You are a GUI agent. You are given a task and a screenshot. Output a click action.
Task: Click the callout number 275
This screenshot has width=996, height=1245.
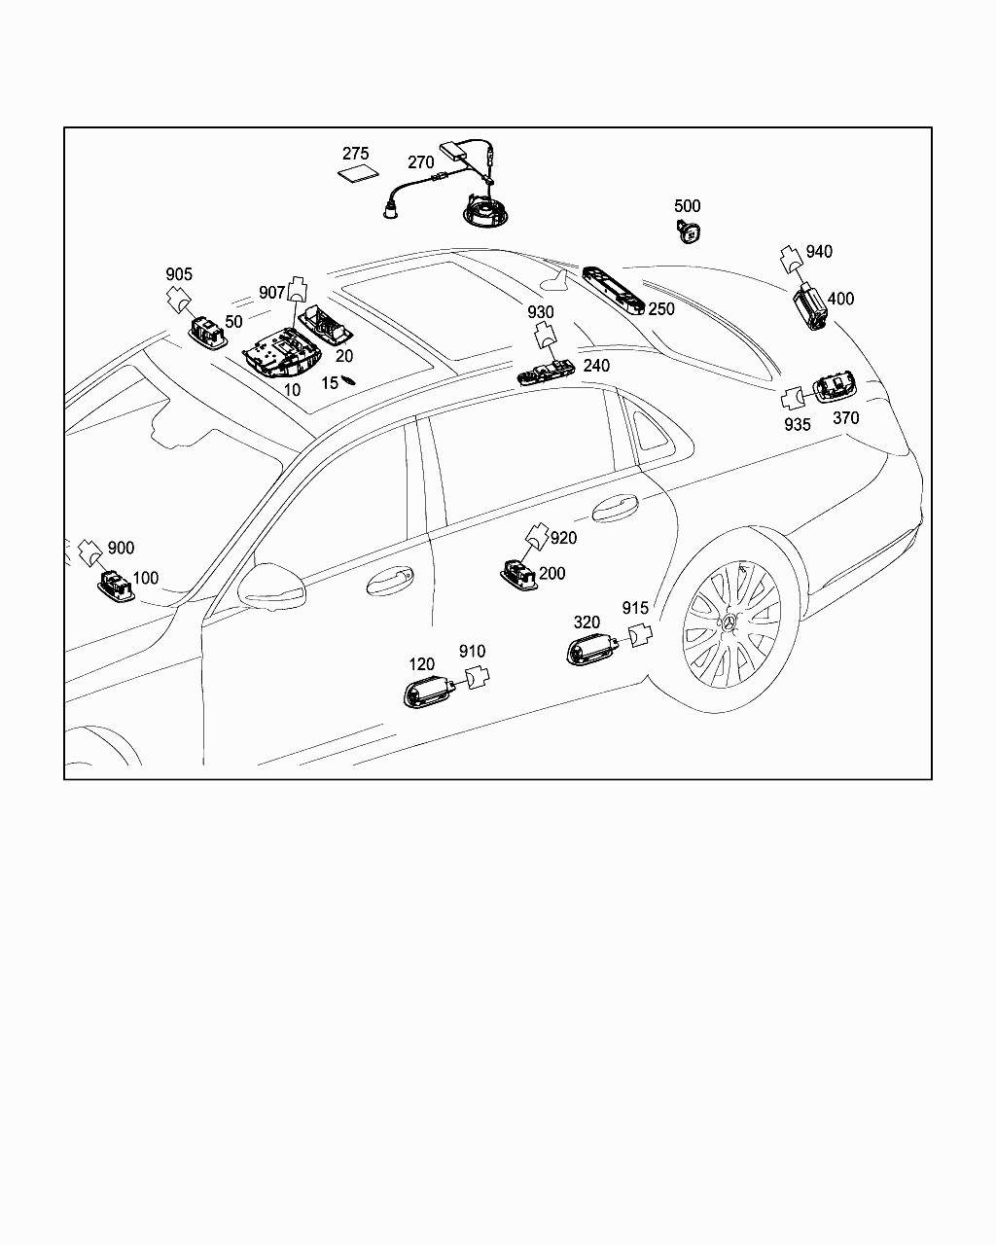pyautogui.click(x=356, y=154)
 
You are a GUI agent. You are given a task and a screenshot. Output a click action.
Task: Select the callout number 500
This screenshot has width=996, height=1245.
pyautogui.click(x=687, y=206)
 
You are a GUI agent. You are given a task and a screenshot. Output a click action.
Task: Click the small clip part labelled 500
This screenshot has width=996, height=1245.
pyautogui.click(x=690, y=231)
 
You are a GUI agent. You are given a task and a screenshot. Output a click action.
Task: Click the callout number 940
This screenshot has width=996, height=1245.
pyautogui.click(x=819, y=252)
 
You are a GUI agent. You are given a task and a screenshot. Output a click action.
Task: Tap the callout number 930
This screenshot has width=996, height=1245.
pyautogui.click(x=541, y=312)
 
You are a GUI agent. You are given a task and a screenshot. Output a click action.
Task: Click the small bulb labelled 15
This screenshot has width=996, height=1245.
pyautogui.click(x=348, y=381)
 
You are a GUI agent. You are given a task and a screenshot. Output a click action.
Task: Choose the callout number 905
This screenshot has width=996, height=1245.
pyautogui.click(x=179, y=274)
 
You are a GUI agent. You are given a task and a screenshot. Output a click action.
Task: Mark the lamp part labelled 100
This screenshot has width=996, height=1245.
pyautogui.click(x=116, y=587)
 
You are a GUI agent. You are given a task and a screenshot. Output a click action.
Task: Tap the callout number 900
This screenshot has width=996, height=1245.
pyautogui.click(x=121, y=549)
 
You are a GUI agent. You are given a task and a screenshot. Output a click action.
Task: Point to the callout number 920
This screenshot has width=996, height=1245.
pyautogui.click(x=563, y=538)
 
